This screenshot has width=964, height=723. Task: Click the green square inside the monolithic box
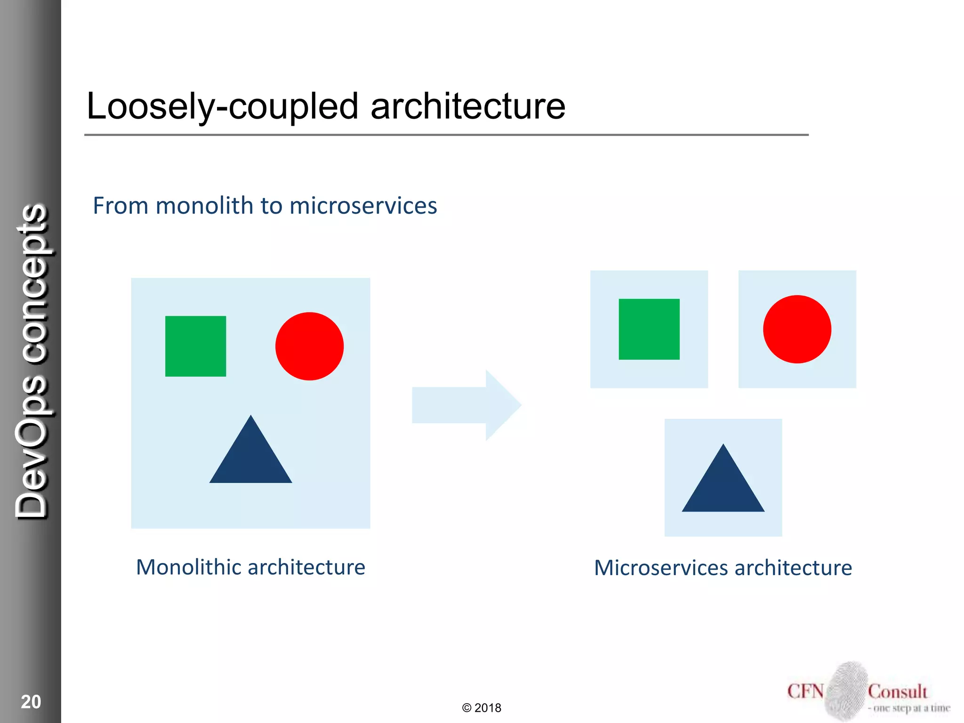point(195,346)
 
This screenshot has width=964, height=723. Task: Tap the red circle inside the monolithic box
point(309,346)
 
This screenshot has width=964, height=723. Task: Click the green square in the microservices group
point(649,329)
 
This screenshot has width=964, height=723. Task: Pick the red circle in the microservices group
point(797,329)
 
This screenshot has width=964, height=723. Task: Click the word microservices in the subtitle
point(363,206)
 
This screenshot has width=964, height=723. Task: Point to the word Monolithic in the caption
point(189,567)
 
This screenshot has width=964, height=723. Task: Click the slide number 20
point(31,702)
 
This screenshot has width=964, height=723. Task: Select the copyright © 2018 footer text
point(482,708)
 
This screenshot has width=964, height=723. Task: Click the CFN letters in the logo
point(805,691)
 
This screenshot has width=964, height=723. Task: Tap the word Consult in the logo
point(897,691)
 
